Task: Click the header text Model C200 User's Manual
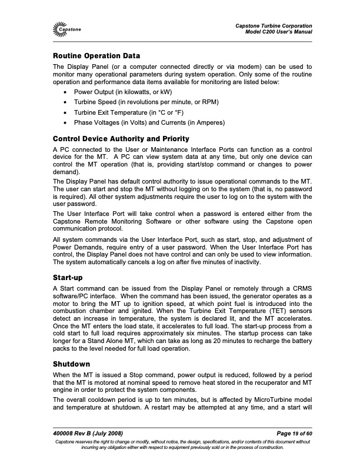278,31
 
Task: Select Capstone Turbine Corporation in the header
274,24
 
